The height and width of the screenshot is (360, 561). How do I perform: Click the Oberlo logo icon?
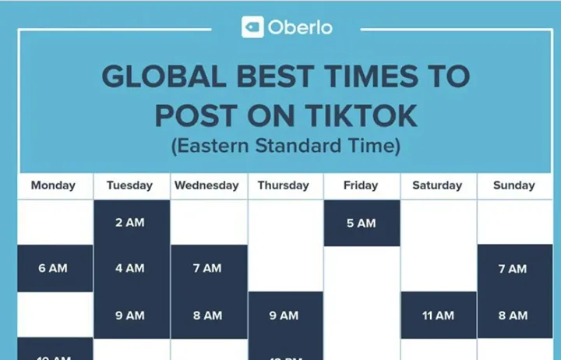(252, 27)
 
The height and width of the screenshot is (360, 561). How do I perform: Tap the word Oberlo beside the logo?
(300, 27)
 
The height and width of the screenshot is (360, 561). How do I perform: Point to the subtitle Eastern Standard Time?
(286, 146)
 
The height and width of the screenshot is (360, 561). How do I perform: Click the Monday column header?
(53, 185)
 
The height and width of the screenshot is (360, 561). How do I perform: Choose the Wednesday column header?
(206, 185)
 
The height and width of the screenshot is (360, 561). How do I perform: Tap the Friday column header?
(361, 185)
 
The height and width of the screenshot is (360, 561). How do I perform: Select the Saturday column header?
(437, 185)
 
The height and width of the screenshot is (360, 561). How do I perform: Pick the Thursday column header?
(284, 185)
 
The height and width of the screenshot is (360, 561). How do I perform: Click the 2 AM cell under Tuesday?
(130, 223)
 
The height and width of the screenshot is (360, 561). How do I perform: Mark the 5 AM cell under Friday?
(361, 223)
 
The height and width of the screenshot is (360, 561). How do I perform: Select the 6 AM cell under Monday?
(53, 268)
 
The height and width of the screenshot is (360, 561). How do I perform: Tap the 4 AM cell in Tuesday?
(130, 268)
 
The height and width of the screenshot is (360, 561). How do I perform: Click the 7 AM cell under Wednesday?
(207, 268)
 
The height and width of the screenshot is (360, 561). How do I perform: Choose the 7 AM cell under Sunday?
(513, 268)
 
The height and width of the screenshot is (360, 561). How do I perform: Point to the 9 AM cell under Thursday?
(284, 316)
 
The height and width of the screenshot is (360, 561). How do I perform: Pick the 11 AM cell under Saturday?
(438, 316)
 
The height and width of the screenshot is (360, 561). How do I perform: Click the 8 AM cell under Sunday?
(513, 316)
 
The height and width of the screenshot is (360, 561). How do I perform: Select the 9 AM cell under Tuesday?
(130, 316)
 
